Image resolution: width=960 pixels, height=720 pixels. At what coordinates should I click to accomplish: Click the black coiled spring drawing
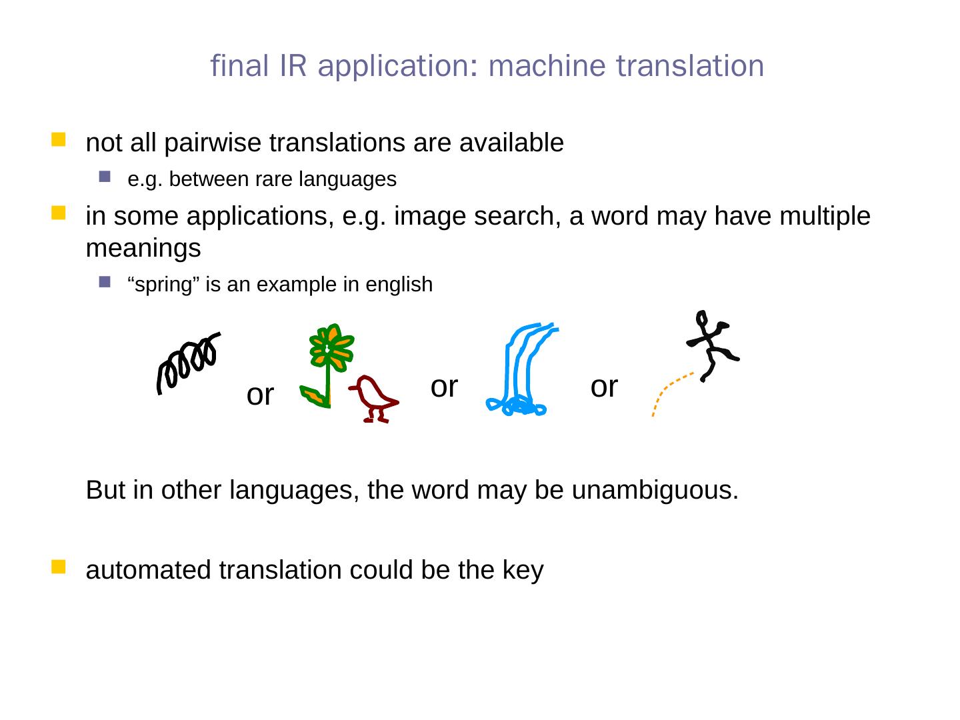187,363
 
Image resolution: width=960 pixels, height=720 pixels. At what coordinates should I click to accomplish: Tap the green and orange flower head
330,347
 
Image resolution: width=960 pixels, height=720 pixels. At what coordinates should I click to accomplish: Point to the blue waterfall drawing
521,370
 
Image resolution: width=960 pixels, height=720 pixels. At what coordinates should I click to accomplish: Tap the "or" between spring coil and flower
260,395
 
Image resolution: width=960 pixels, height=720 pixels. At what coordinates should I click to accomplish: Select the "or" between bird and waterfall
444,386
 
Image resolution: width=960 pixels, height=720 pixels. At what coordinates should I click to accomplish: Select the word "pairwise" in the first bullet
213,143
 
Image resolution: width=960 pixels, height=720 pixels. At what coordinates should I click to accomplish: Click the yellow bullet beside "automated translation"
59,567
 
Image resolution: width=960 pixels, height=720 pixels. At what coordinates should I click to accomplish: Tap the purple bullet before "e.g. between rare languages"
103,177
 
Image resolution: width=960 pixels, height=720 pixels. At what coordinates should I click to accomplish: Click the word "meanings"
143,249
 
